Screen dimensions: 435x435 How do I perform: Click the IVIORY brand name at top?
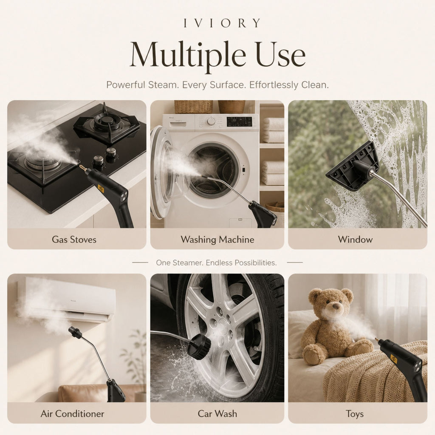click(222, 23)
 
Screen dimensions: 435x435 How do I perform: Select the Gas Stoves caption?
click(74, 240)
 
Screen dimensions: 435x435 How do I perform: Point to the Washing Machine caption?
click(217, 240)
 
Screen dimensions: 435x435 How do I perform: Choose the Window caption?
click(355, 240)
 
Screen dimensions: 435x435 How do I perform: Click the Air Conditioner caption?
click(72, 414)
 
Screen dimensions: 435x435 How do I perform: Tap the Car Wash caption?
click(217, 414)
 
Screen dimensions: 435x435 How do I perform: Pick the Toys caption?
click(355, 414)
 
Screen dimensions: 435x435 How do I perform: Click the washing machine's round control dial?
click(211, 121)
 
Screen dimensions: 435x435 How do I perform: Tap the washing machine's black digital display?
click(240, 121)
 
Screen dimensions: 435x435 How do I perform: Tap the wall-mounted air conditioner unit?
click(67, 299)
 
